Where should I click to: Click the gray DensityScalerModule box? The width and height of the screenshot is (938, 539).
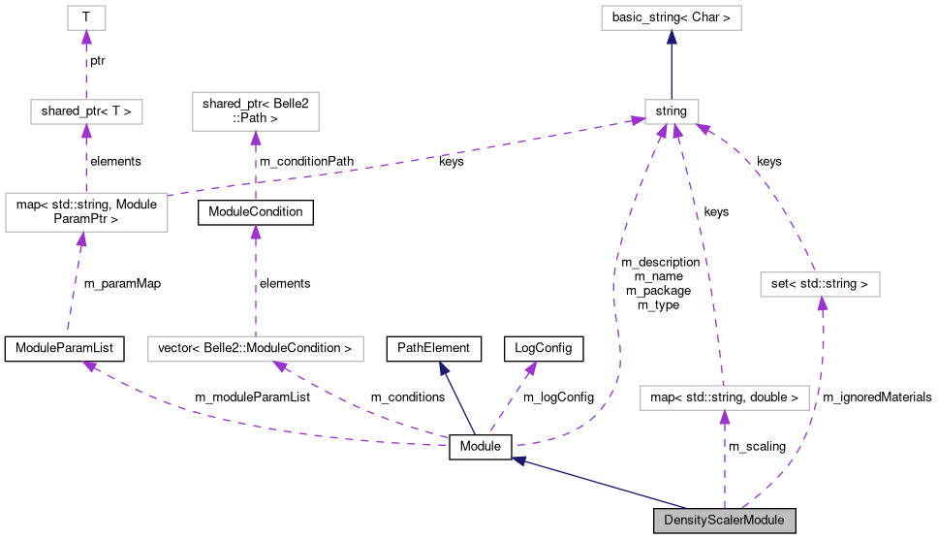(724, 521)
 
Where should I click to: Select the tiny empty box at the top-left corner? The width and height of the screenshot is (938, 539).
(86, 18)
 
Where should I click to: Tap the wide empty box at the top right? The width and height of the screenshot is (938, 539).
(671, 18)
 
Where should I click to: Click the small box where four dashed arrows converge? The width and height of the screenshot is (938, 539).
(672, 111)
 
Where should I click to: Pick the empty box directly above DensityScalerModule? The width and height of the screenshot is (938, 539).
(724, 397)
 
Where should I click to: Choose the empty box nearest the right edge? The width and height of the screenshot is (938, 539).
(820, 285)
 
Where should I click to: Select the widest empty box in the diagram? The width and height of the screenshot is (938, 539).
(255, 349)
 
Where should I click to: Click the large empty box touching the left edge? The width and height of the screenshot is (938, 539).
(86, 212)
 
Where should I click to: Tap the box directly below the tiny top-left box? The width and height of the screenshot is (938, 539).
(86, 111)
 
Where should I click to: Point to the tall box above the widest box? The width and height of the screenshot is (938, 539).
(255, 111)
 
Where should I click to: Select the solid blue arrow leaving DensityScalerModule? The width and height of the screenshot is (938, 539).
(601, 482)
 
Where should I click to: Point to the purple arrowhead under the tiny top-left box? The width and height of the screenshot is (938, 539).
(86, 38)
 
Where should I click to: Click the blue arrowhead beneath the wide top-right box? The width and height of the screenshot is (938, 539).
(672, 38)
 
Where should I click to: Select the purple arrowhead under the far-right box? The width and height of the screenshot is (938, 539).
(822, 304)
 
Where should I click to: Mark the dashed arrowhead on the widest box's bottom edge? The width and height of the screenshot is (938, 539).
(281, 367)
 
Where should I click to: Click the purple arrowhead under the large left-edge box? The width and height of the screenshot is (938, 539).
(81, 239)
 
